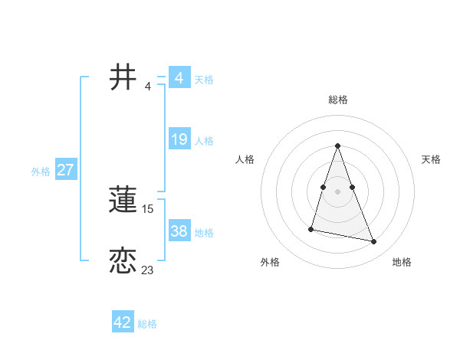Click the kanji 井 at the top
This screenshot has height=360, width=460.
(x=123, y=78)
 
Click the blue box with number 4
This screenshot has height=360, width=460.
(x=179, y=78)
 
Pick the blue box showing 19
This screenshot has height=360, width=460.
(x=179, y=139)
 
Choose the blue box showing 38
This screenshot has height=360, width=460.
(x=179, y=231)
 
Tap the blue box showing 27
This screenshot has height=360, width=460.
(x=65, y=170)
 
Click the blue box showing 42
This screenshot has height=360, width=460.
(x=123, y=322)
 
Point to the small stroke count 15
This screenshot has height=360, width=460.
(x=148, y=208)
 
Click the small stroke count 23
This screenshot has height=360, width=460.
(x=147, y=270)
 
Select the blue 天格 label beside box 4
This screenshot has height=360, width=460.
(x=204, y=80)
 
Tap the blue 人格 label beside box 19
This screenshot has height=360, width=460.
(x=204, y=141)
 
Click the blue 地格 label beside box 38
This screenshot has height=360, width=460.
(x=204, y=233)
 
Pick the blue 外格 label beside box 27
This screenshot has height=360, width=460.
(x=41, y=172)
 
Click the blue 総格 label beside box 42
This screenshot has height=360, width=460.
(x=147, y=324)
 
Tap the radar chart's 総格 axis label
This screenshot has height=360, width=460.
(x=337, y=100)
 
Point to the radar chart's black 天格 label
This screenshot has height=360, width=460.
(x=431, y=159)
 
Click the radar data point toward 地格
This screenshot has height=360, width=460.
(x=374, y=242)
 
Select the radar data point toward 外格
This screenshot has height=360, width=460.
(x=311, y=228)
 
